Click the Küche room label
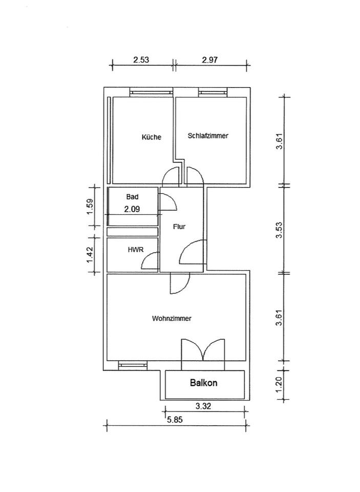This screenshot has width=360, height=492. pos(152,137)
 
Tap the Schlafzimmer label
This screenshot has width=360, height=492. pos(208,135)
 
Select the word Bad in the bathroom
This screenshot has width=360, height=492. pos(132,197)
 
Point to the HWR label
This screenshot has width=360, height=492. pos(136,250)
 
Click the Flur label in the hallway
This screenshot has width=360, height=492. pos(179,227)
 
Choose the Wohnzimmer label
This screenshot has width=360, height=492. pos(172,318)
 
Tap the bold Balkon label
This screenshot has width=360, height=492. pos(203,383)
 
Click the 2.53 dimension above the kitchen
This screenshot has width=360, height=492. pos(141,59)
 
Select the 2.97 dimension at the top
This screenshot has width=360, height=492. pos(209,59)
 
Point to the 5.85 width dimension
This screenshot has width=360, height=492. pos(175,420)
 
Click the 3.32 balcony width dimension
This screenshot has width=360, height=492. pos(203,406)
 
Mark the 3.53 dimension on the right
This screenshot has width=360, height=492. pos(279,230)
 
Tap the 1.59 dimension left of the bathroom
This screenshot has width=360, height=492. pos(90,207)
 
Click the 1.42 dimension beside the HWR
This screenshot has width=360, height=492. pos(90,255)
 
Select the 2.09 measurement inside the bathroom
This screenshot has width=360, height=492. pos(132,209)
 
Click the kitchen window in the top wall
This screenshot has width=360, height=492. pos(152,92)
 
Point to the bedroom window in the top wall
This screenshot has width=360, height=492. pos(213,92)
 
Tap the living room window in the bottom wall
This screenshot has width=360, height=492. pos(133,365)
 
